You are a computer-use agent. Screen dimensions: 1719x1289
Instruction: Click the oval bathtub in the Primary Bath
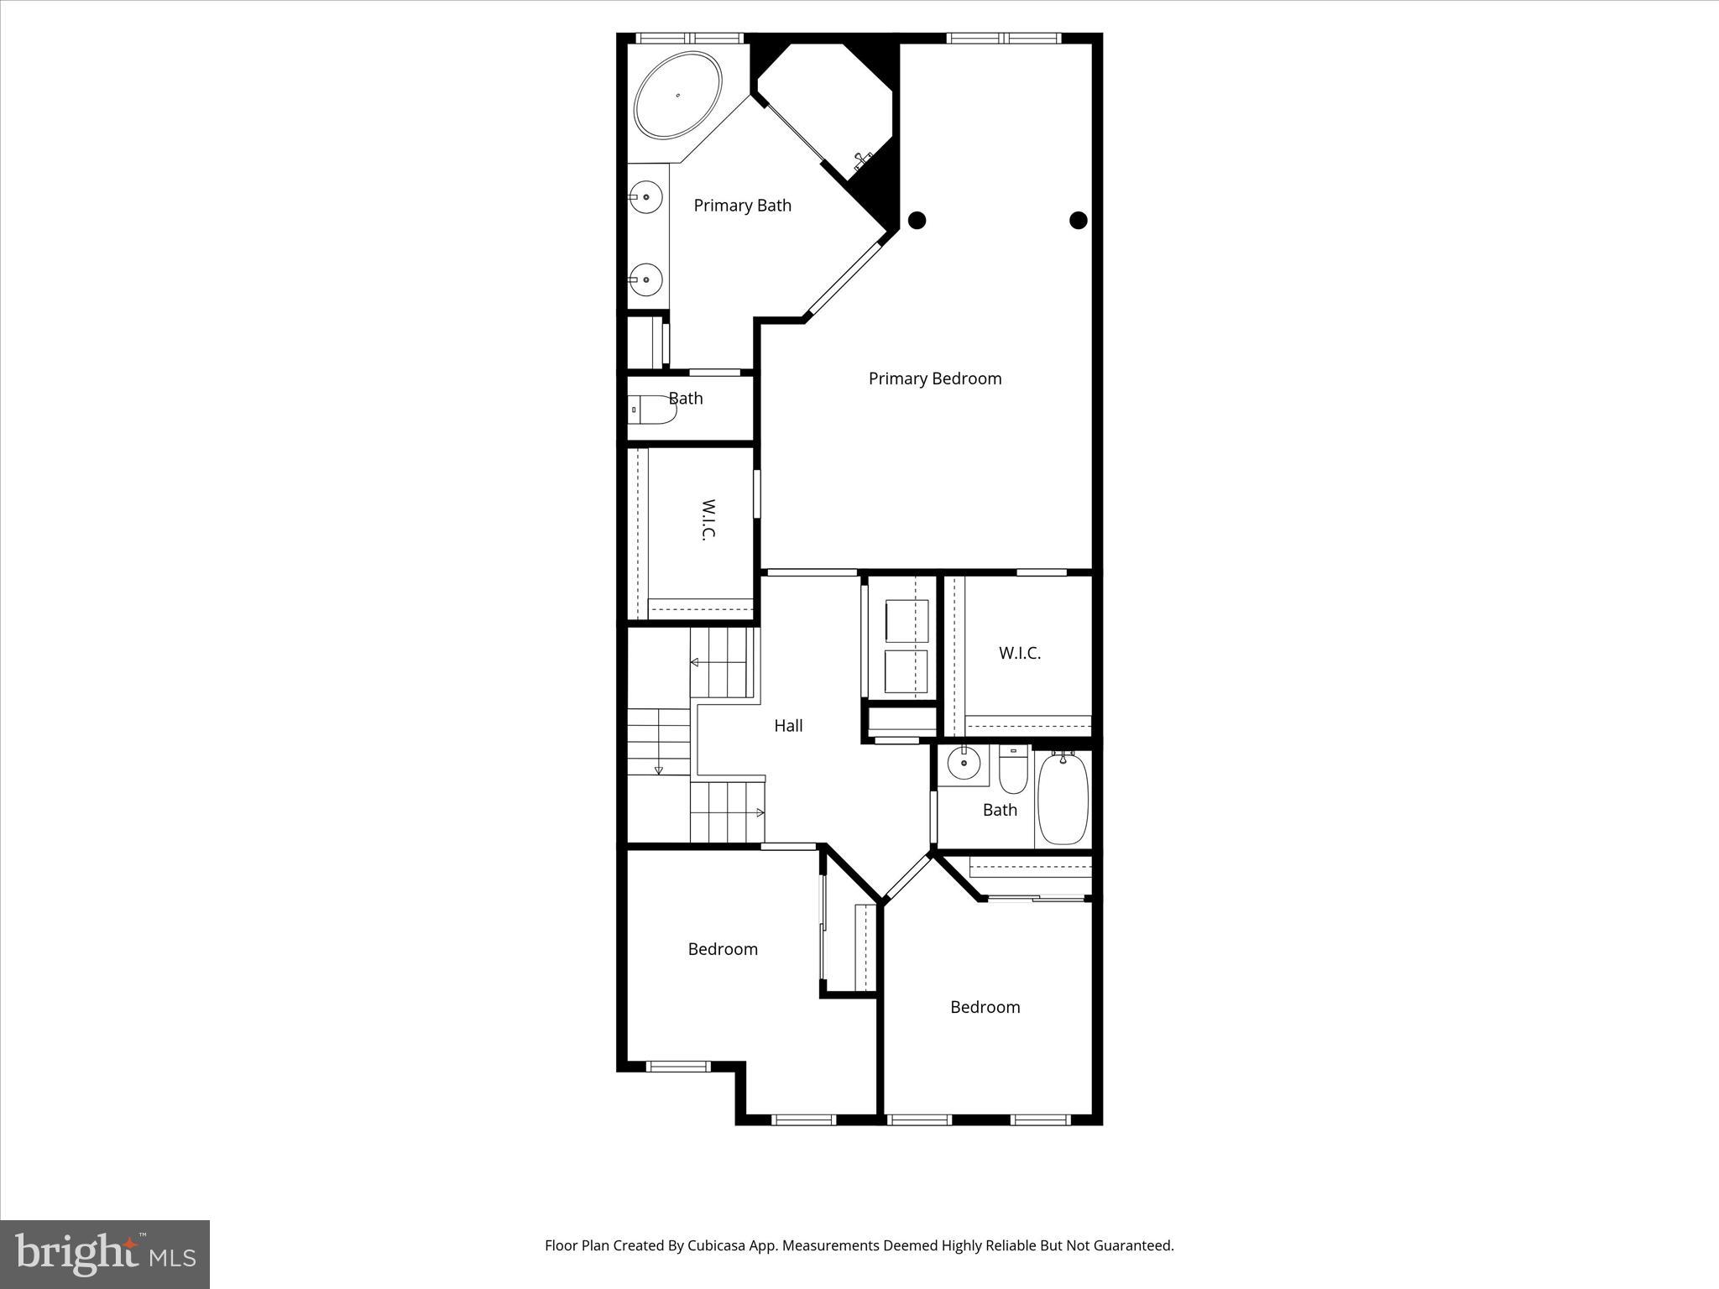tap(677, 95)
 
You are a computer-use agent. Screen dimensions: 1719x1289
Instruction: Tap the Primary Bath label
tap(742, 206)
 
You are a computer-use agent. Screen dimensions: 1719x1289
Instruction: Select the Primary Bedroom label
tap(934, 378)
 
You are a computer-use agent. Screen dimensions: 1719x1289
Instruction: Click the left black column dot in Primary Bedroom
tap(917, 221)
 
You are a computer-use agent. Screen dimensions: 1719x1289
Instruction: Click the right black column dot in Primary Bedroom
tap(1079, 221)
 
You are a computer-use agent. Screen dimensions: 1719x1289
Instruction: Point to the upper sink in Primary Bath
tap(645, 197)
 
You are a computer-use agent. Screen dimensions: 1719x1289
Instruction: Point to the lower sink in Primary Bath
tap(645, 279)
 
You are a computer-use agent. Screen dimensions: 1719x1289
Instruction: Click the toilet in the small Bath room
tap(653, 410)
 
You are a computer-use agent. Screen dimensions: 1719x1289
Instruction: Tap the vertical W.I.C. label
tap(708, 520)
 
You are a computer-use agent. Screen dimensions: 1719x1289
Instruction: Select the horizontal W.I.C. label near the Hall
tap(1019, 653)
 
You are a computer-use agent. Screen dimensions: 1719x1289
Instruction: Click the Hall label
tap(788, 726)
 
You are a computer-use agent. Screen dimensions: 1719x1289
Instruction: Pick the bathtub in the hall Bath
tap(1063, 799)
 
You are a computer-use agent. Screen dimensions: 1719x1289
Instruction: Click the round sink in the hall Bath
tap(963, 763)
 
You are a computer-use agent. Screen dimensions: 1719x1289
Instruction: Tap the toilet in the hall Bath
tap(1013, 770)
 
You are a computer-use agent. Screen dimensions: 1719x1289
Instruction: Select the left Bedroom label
tap(723, 949)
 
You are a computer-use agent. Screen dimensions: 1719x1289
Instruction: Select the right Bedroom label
tap(985, 1007)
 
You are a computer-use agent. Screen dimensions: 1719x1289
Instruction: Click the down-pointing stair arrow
tap(659, 770)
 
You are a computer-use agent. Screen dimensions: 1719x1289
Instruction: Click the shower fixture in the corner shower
tap(862, 160)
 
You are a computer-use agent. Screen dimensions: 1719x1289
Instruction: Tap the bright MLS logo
tap(105, 1254)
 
